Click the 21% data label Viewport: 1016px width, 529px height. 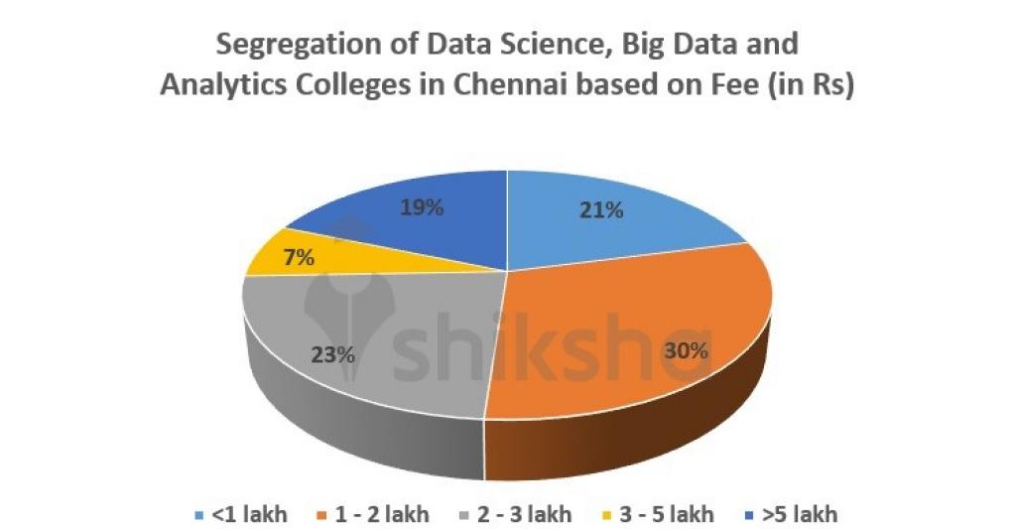tap(602, 210)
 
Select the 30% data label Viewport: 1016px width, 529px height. tap(687, 350)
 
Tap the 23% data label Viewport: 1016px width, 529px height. tap(332, 353)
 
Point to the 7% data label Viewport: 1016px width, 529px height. tap(299, 258)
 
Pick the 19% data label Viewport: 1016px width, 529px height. tap(422, 208)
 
